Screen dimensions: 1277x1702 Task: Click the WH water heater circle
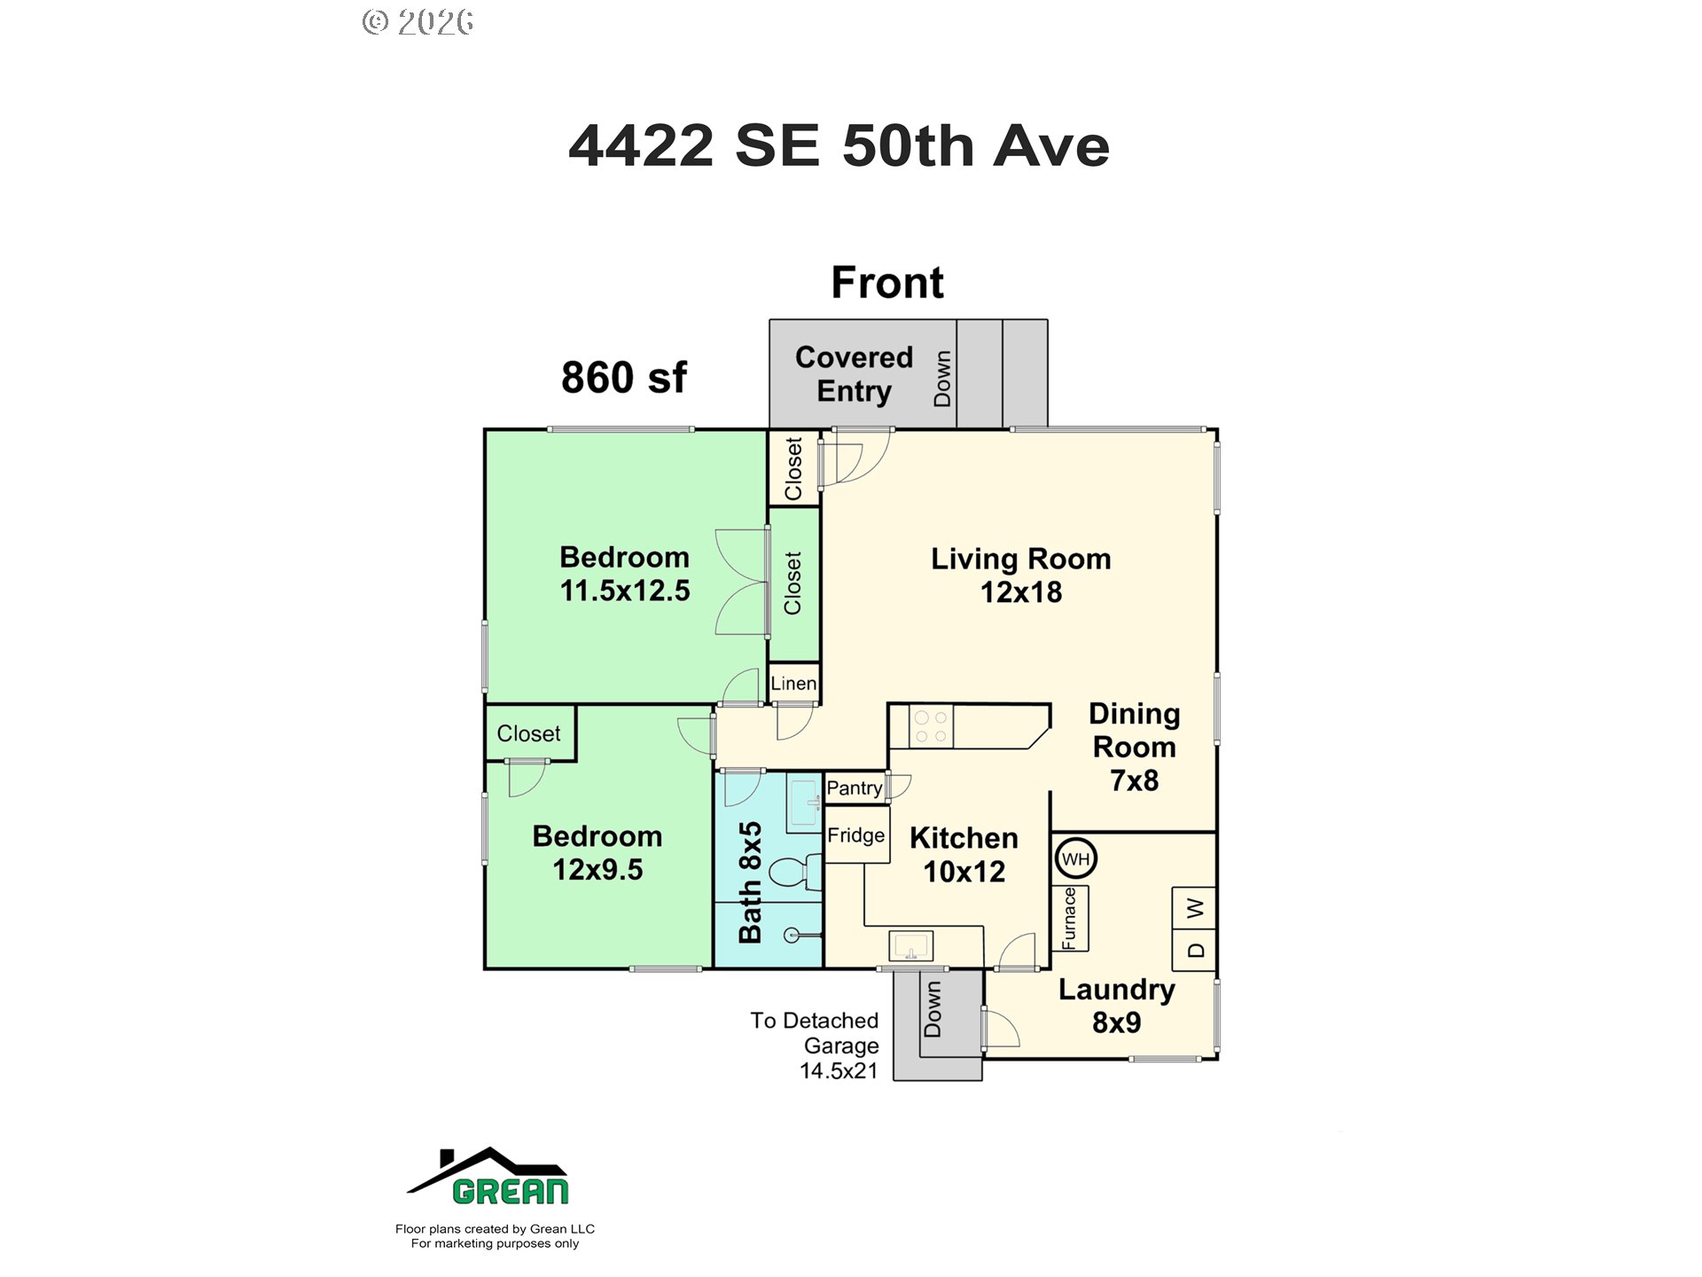pos(1076,858)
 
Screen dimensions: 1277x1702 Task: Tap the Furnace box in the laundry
pos(1070,918)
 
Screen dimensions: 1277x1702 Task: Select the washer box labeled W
pos(1194,908)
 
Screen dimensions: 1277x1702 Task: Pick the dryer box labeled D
pos(1194,951)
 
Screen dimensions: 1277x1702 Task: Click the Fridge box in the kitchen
pos(856,835)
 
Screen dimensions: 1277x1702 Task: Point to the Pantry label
pos(854,787)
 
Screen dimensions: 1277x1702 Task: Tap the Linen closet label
pos(793,684)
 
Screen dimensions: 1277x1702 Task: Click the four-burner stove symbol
pos(931,726)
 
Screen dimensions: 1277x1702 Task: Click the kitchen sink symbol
pos(910,946)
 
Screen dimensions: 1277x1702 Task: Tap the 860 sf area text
pos(624,378)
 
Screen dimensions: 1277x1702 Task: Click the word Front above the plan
pos(887,283)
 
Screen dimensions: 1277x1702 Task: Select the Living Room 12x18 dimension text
pos(1021,592)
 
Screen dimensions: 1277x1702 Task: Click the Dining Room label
pos(1134,731)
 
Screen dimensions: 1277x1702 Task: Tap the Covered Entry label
pos(854,374)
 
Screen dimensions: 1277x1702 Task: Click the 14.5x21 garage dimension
pos(839,1071)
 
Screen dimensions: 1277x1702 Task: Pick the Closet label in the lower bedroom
pos(528,733)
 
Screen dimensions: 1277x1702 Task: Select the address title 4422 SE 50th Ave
pos(839,145)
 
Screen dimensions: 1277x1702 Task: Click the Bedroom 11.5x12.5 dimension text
pos(625,591)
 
